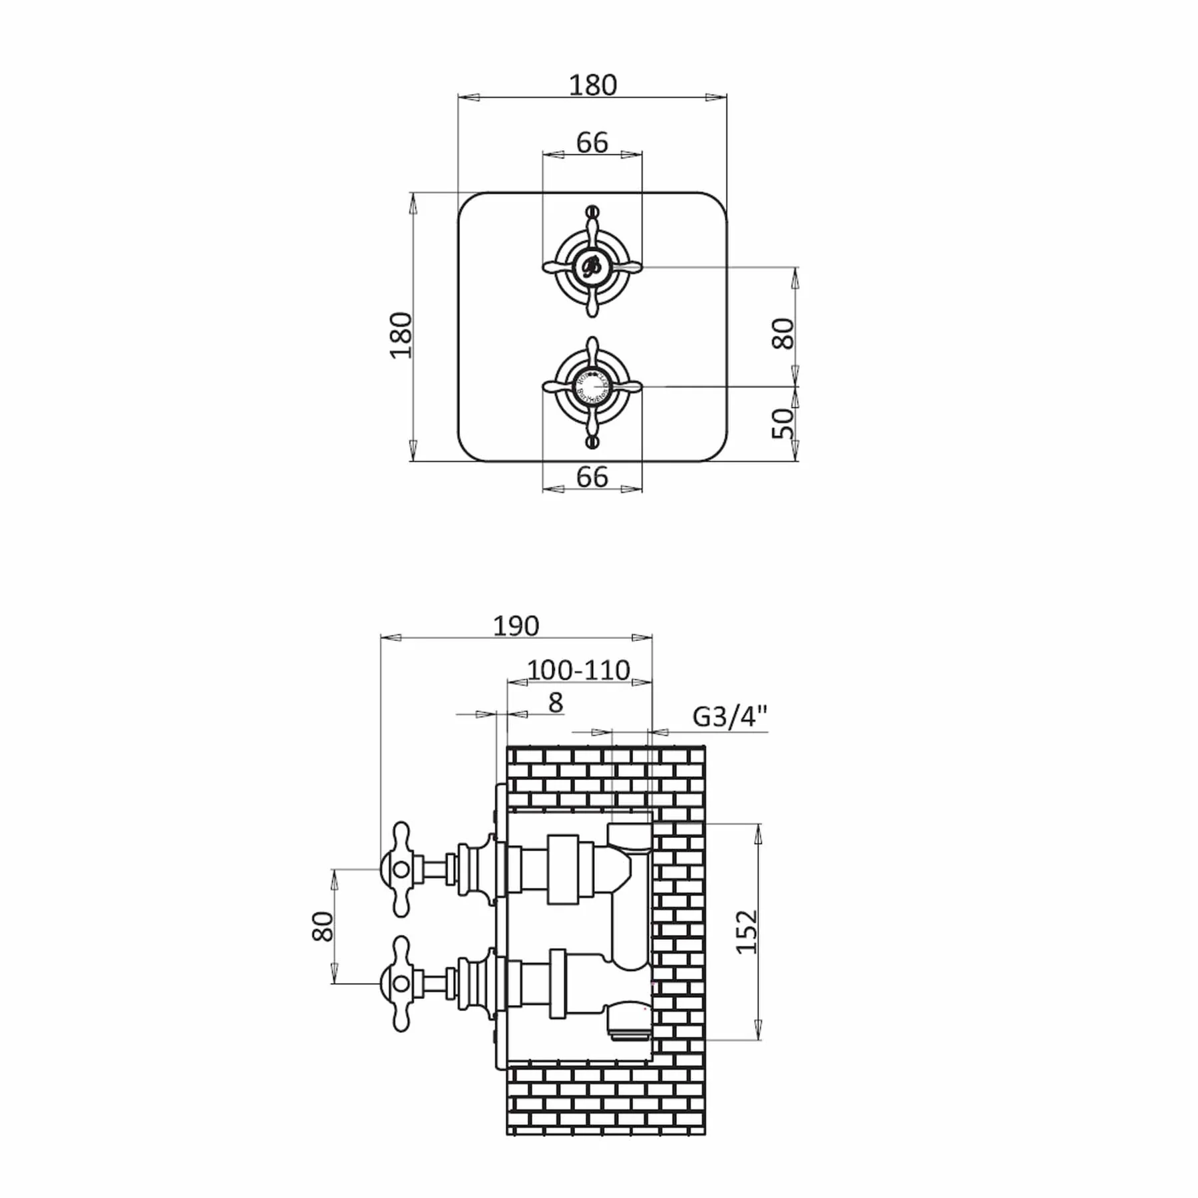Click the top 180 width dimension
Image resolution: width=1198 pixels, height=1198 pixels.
click(592, 85)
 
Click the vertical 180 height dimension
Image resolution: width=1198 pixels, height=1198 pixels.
click(401, 335)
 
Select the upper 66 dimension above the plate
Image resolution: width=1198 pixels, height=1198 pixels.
click(592, 142)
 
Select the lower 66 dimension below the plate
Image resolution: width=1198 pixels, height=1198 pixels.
click(592, 477)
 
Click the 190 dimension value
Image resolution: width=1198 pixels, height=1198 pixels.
click(516, 626)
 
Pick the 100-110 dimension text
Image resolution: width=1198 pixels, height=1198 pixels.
click(578, 670)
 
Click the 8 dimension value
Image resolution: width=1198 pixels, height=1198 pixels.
click(555, 702)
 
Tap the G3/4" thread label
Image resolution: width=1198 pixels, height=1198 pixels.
click(730, 717)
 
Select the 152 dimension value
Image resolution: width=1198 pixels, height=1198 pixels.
click(748, 932)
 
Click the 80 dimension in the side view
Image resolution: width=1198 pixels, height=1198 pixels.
click(322, 926)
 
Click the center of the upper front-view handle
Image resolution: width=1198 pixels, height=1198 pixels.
click(592, 266)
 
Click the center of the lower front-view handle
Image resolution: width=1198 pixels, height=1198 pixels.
click(592, 385)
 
